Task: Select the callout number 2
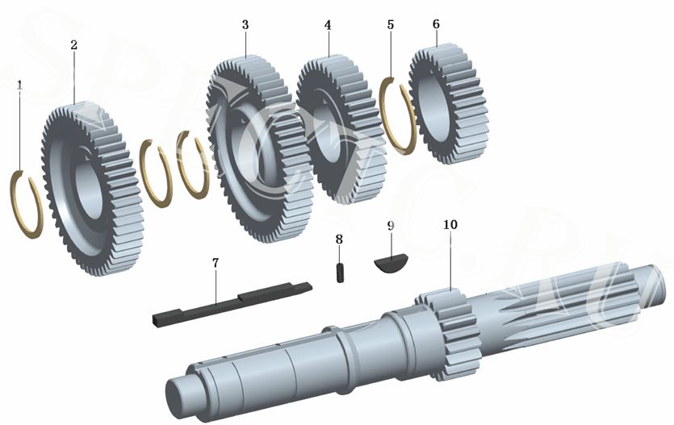(x=73, y=45)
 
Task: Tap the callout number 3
(x=245, y=25)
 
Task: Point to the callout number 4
(x=328, y=25)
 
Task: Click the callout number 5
(x=391, y=25)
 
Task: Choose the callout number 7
(x=216, y=263)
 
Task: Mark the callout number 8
(x=339, y=239)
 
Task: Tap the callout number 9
(x=391, y=225)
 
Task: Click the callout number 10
(x=450, y=223)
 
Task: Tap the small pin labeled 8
(x=341, y=269)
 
